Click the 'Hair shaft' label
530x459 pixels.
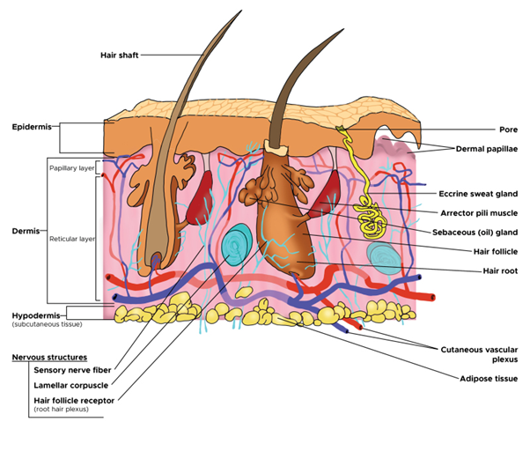tap(119, 55)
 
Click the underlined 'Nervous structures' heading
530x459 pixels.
tap(48, 358)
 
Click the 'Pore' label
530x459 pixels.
tap(484, 128)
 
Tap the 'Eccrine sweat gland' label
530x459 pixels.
tap(477, 193)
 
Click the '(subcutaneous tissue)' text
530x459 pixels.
tap(45, 325)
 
